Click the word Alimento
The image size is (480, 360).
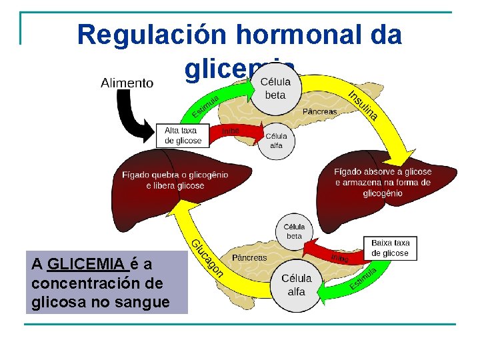click(127, 83)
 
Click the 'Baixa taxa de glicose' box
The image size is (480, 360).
click(390, 248)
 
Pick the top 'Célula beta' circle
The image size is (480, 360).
click(275, 89)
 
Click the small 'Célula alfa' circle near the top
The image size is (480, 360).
click(276, 141)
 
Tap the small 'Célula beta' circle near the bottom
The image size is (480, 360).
click(294, 231)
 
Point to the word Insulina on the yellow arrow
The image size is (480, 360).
click(363, 105)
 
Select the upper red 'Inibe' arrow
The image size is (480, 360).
click(240, 132)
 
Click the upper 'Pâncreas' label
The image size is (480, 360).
click(319, 111)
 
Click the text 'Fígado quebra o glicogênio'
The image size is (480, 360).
click(175, 175)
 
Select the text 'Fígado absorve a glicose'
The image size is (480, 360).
click(383, 172)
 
